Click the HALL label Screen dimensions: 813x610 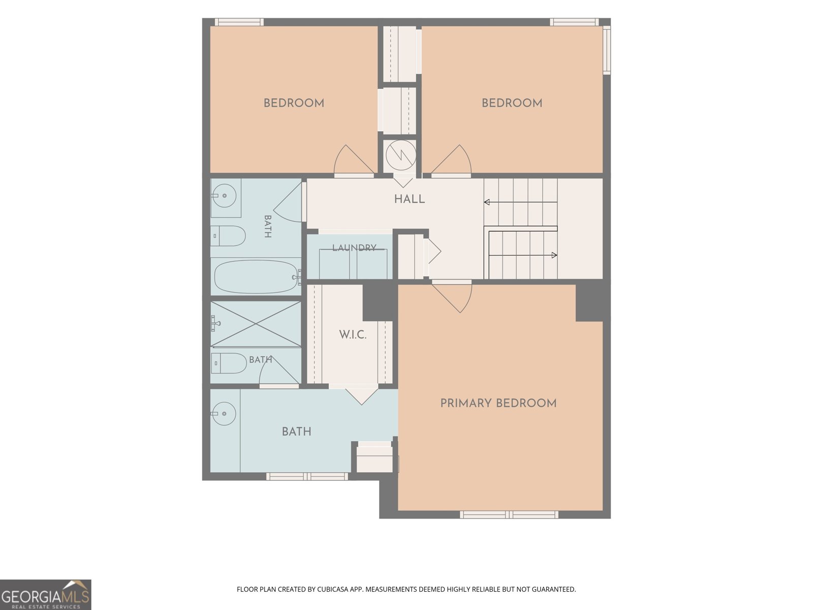click(x=409, y=199)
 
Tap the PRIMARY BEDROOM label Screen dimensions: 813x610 click(x=498, y=403)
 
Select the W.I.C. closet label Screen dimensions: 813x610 click(x=353, y=335)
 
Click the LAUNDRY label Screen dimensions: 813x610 click(x=354, y=248)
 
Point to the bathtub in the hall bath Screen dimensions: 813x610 click(x=256, y=277)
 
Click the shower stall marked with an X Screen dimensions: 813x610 click(x=256, y=324)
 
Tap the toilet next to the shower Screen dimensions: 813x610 click(x=229, y=363)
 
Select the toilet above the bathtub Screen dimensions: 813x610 click(x=228, y=236)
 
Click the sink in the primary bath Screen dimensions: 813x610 click(x=224, y=414)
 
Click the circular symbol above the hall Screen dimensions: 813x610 click(x=401, y=155)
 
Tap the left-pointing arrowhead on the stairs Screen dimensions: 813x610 click(x=487, y=202)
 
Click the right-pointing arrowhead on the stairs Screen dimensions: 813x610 click(x=554, y=255)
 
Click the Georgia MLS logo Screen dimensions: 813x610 click(x=46, y=595)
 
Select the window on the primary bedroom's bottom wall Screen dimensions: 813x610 click(x=509, y=514)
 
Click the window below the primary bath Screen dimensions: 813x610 click(x=307, y=476)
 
